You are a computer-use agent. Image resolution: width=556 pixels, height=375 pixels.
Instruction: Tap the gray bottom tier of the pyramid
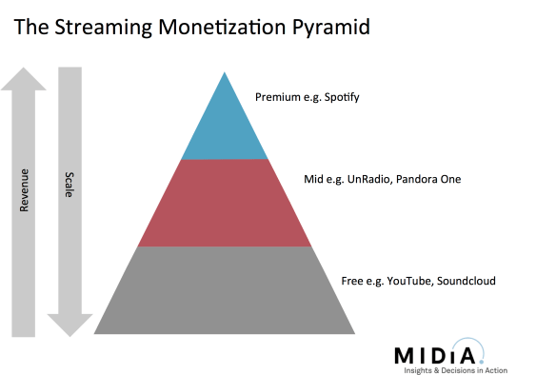click(x=225, y=291)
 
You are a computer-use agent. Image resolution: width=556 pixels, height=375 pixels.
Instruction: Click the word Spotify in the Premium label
click(x=339, y=96)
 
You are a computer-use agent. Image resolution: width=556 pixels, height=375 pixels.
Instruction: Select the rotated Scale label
click(x=69, y=185)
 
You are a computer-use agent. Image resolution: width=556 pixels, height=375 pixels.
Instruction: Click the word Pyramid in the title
click(x=325, y=28)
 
